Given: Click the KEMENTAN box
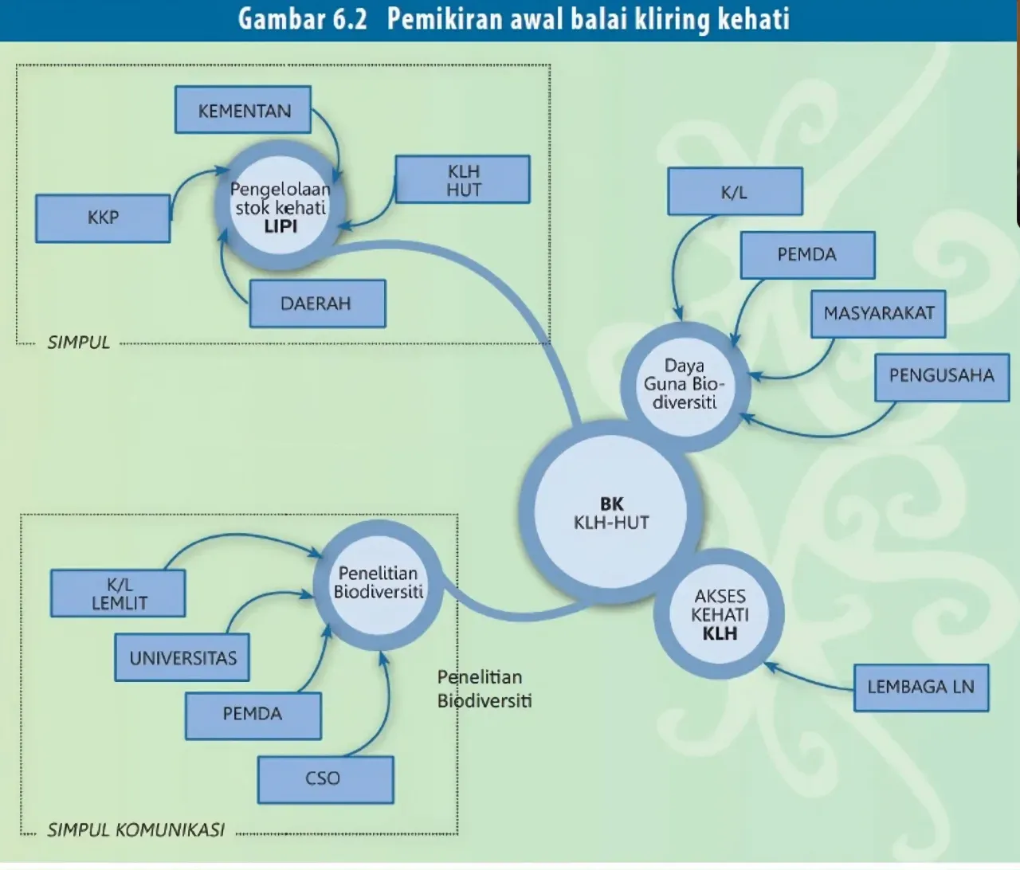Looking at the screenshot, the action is (x=243, y=110).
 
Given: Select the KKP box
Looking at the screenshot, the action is (x=103, y=218).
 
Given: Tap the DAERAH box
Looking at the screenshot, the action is (x=318, y=304).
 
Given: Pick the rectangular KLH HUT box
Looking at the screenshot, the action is (x=463, y=179).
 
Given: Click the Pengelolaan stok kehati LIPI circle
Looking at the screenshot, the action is (x=280, y=206).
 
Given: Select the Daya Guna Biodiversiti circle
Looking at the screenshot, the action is (x=685, y=386).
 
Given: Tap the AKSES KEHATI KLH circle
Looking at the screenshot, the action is (x=719, y=614).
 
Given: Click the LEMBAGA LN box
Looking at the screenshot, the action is (x=921, y=688).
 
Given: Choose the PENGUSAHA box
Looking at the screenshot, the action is (x=942, y=377).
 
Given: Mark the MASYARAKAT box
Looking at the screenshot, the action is (x=878, y=314).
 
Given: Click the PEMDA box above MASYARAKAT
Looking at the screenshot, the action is (x=808, y=255).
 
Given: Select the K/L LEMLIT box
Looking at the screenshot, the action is (x=118, y=594).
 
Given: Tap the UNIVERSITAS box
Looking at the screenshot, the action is (x=182, y=657).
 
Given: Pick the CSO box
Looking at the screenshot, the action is (x=326, y=780).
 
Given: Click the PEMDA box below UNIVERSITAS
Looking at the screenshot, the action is (x=253, y=715).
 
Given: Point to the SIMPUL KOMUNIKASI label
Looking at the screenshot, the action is (x=135, y=830).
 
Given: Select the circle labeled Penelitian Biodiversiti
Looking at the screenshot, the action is (x=378, y=585).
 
